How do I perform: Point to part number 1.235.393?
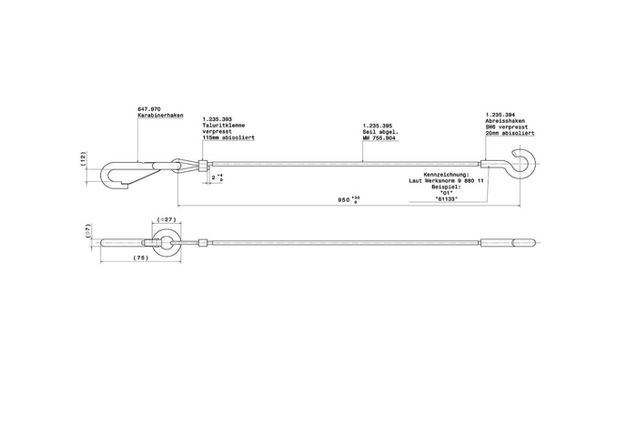click(216, 118)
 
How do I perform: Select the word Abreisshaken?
click(505, 120)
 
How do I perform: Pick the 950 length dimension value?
click(342, 198)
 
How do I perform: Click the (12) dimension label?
click(83, 159)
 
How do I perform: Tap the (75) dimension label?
click(142, 258)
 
